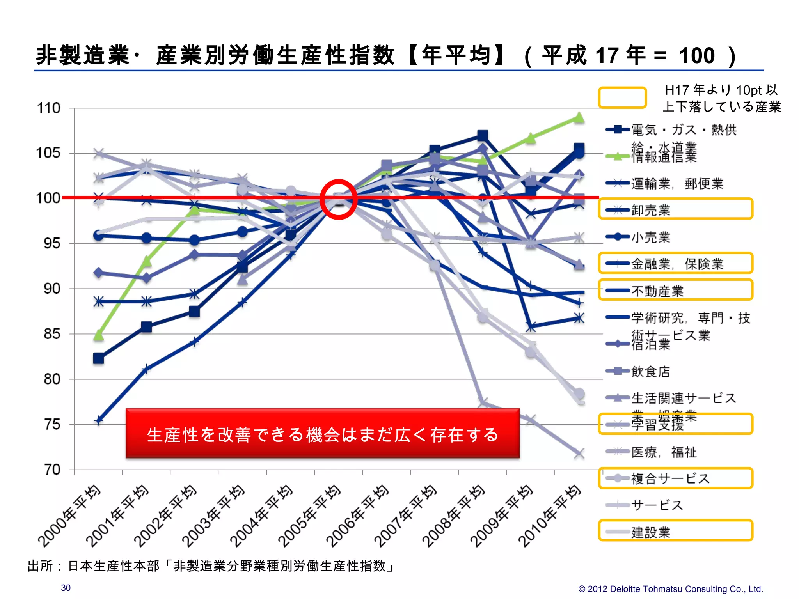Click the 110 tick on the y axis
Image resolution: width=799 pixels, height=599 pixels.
click(49, 108)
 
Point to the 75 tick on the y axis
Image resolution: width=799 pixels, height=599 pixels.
click(52, 424)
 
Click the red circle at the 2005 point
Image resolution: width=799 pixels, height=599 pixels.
click(338, 199)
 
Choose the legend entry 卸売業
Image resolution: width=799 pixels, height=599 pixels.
click(650, 210)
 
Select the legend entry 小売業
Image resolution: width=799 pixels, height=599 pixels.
click(650, 237)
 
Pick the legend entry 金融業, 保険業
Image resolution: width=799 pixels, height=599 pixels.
click(677, 264)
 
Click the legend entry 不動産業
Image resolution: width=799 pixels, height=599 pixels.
click(657, 291)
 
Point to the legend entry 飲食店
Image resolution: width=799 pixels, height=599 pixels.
click(650, 371)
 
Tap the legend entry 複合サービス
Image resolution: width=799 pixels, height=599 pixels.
click(670, 478)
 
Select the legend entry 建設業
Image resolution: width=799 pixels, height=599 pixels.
click(650, 532)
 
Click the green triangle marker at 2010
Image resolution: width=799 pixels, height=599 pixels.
click(579, 118)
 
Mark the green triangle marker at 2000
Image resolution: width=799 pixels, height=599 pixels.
click(99, 335)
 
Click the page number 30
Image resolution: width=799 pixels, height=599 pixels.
click(66, 588)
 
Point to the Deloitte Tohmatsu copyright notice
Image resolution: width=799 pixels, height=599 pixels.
click(670, 589)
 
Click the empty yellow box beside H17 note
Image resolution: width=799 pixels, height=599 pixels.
click(622, 97)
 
